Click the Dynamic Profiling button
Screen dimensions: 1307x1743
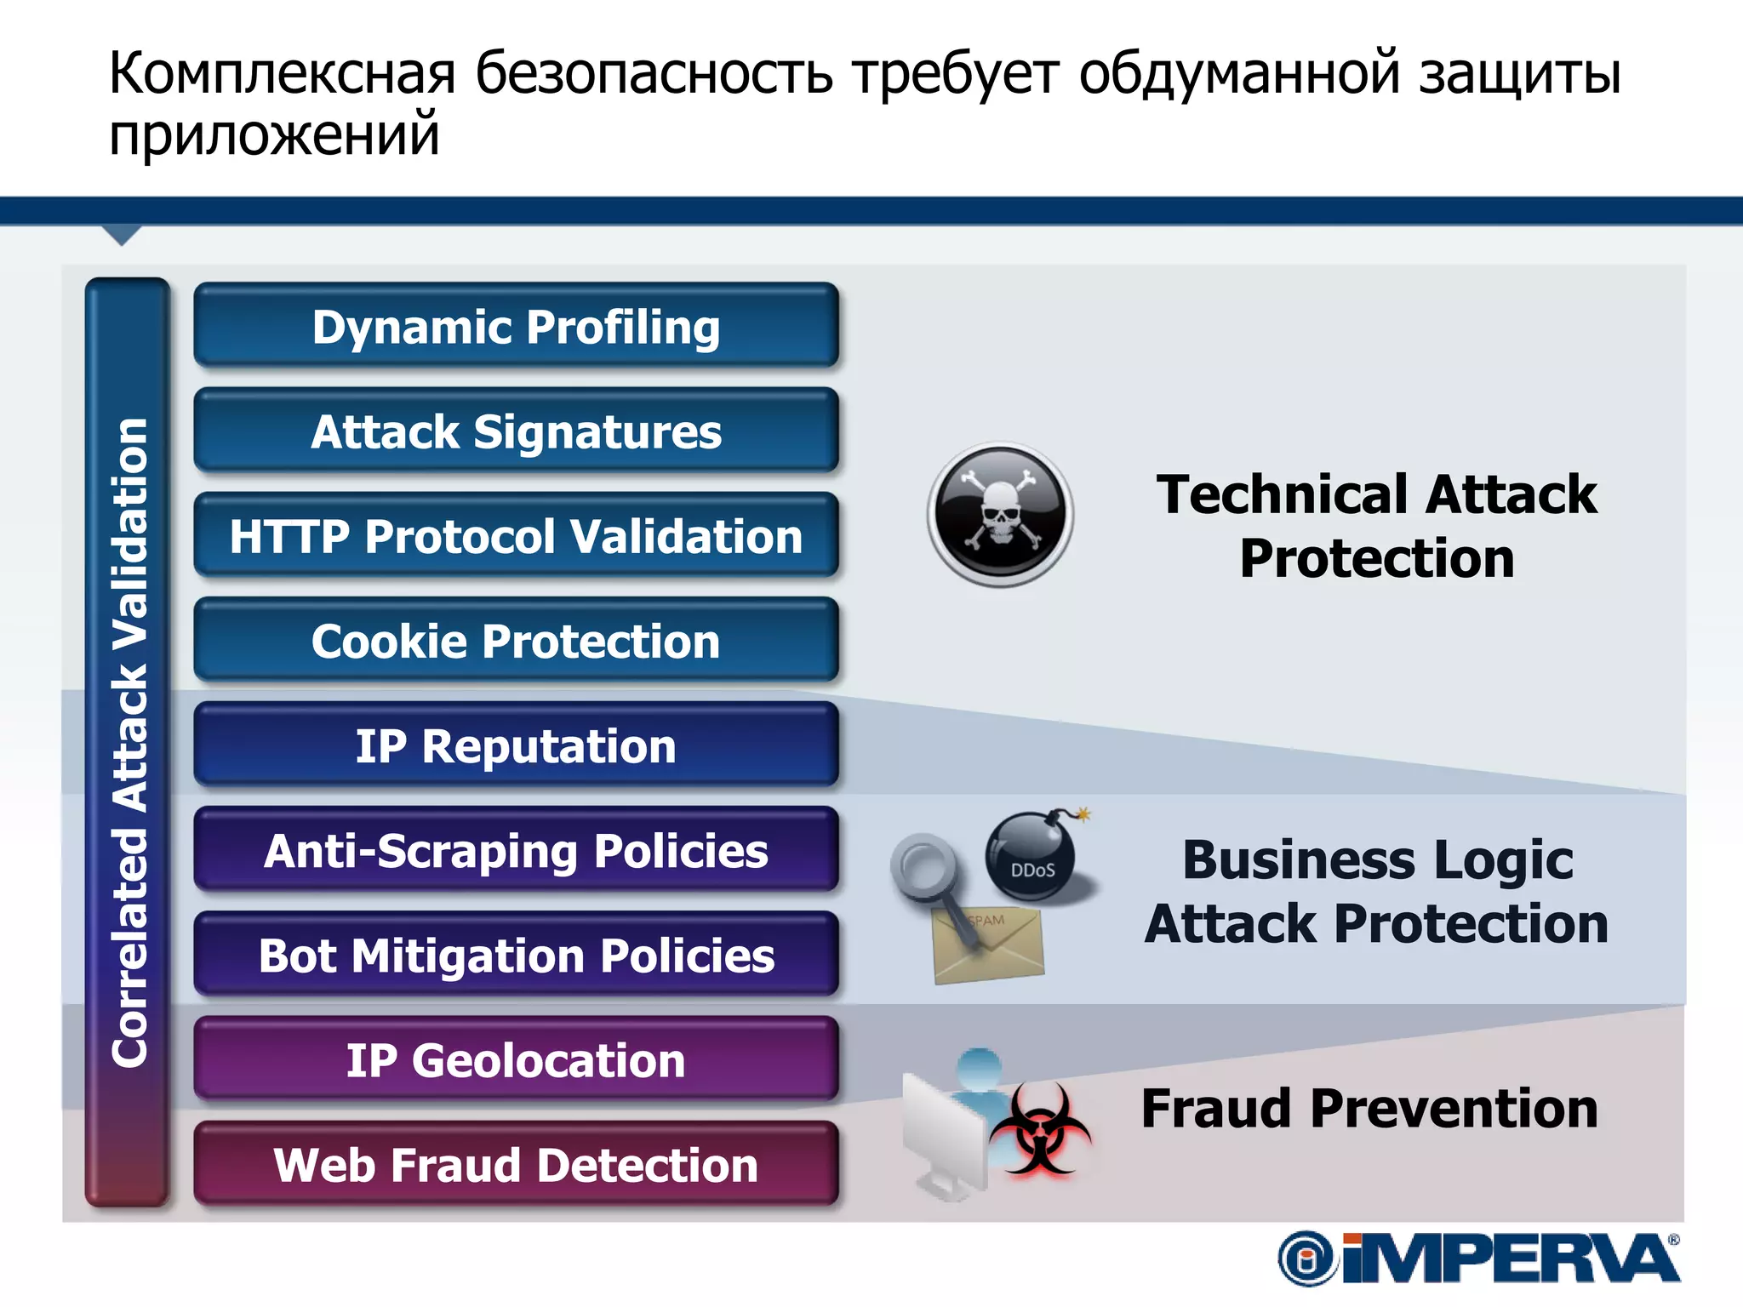click(x=516, y=327)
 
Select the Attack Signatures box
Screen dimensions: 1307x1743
click(x=516, y=431)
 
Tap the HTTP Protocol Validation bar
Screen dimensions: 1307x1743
click(x=516, y=536)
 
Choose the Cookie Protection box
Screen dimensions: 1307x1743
click(x=516, y=641)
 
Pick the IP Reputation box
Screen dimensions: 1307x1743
click(x=516, y=745)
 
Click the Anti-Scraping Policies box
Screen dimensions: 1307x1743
click(x=516, y=850)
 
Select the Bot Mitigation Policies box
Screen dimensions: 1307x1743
click(x=516, y=955)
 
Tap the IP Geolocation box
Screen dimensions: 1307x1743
click(x=516, y=1060)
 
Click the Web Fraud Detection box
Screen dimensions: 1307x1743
click(x=516, y=1165)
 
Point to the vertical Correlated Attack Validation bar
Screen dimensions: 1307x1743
click(x=129, y=740)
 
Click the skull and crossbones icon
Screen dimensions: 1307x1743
click(x=1000, y=514)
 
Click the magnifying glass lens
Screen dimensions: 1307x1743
click(x=922, y=865)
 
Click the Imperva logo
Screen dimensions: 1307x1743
click(x=1479, y=1258)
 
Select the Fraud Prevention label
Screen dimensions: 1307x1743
click(x=1369, y=1110)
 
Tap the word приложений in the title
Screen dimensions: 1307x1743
click(x=274, y=136)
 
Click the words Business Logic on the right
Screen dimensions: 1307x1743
click(x=1378, y=860)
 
